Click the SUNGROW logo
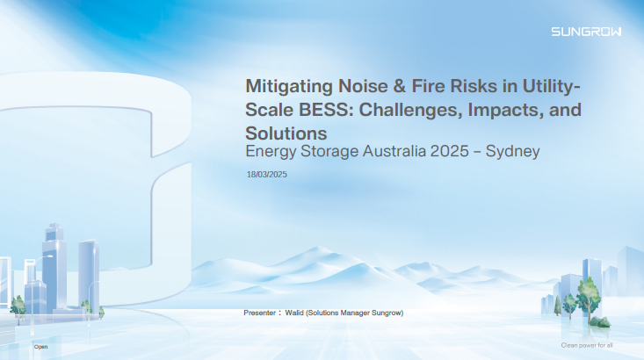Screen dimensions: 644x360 pos(586,32)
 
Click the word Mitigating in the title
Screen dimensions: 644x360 pos(289,87)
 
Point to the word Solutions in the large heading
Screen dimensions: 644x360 pos(286,133)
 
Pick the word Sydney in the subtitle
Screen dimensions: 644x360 pos(512,152)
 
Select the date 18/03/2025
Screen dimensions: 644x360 pos(266,175)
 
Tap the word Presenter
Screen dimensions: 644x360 pos(259,313)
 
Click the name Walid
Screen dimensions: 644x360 pos(294,313)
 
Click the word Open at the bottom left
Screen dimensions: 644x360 pos(40,347)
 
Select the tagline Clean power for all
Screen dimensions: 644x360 pos(587,345)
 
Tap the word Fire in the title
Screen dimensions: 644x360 pos(428,86)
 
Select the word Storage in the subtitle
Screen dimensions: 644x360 pos(329,152)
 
